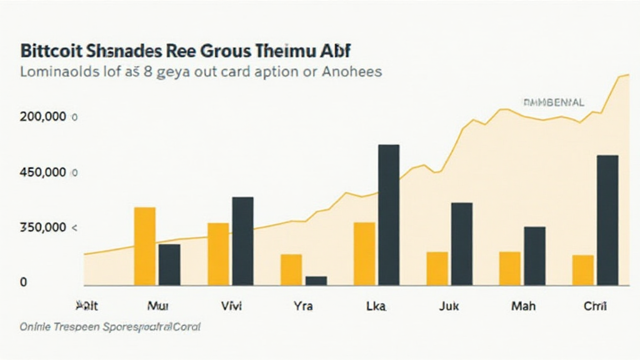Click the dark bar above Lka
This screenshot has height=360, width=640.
pyautogui.click(x=389, y=215)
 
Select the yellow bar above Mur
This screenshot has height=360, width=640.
pyautogui.click(x=144, y=246)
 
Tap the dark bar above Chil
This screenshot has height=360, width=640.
pyautogui.click(x=607, y=219)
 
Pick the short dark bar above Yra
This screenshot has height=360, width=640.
pyautogui.click(x=316, y=281)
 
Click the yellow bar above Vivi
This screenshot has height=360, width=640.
pyautogui.click(x=218, y=254)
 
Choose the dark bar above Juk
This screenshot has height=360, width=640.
pyautogui.click(x=462, y=244)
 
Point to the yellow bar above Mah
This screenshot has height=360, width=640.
pyautogui.click(x=510, y=268)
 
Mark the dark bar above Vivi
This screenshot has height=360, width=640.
pyautogui.click(x=242, y=241)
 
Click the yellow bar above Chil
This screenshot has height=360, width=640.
pyautogui.click(x=582, y=270)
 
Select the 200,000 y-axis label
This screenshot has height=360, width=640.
pyautogui.click(x=43, y=117)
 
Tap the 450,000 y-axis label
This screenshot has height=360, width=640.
pyautogui.click(x=43, y=172)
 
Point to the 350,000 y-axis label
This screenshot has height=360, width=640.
pyautogui.click(x=43, y=228)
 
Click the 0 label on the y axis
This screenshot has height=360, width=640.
pyautogui.click(x=24, y=282)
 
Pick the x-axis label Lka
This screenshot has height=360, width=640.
pyautogui.click(x=375, y=307)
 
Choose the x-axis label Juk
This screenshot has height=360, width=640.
pyautogui.click(x=449, y=307)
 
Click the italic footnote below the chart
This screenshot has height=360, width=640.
pyautogui.click(x=110, y=327)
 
